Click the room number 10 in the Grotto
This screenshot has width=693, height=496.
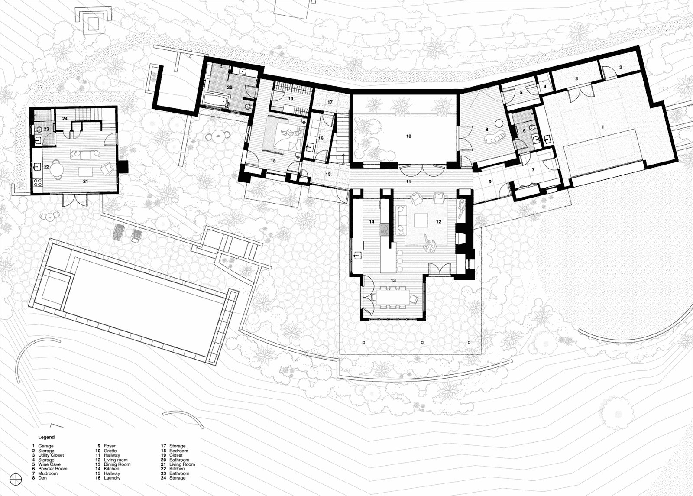coord(409,136)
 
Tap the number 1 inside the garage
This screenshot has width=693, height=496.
coord(602,127)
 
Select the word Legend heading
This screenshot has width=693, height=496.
coord(46,437)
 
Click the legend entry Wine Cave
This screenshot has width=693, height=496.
coord(49,464)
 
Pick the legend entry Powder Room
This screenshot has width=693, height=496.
coord(52,469)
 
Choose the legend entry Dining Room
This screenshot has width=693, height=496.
coord(117,464)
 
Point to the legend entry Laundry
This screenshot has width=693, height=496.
coord(112,478)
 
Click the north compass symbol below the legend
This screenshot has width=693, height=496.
coord(16,479)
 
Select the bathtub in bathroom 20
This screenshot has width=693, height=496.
coord(216,99)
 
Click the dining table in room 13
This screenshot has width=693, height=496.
coord(392,297)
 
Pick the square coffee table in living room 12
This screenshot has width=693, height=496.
coord(421,220)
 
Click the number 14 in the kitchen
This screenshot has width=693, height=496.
coord(372,221)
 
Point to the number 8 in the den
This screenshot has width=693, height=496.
coord(487,130)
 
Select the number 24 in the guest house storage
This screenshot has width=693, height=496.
coord(65,119)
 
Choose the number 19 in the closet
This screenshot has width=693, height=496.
coord(291,99)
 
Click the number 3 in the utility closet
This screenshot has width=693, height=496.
coord(576,78)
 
